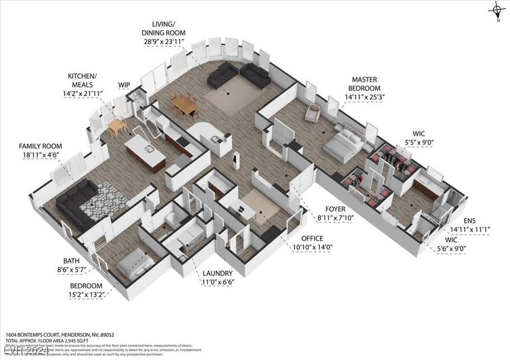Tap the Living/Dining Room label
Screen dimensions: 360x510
tap(165, 33)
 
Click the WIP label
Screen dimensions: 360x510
tap(124, 85)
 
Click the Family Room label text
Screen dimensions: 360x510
tap(40, 146)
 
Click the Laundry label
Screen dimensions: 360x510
tap(217, 273)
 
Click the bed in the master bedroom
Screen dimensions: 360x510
tap(344, 144)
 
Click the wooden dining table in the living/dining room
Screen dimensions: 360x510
tap(184, 104)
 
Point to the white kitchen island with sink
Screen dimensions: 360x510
tap(146, 152)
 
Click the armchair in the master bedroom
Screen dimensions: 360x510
tap(313, 113)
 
